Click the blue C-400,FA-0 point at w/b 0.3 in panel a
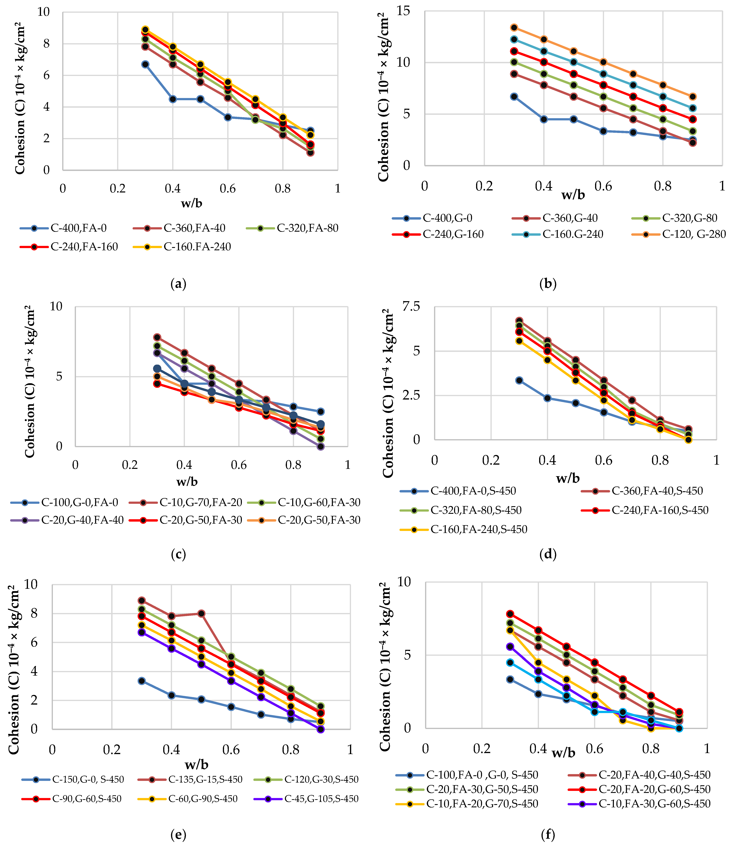[145, 64]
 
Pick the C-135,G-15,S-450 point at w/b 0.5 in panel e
[201, 614]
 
